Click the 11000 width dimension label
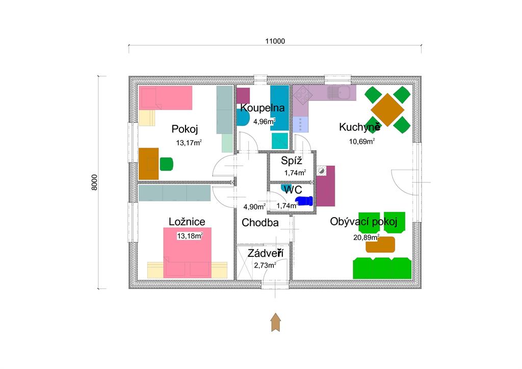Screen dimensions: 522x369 click(275, 41)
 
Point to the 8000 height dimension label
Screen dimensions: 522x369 click(94, 182)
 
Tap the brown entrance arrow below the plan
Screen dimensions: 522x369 click(276, 322)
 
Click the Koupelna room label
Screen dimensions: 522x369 click(263, 108)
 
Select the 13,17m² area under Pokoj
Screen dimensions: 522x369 click(189, 143)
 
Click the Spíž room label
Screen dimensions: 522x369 click(291, 161)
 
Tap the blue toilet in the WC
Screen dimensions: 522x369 click(304, 201)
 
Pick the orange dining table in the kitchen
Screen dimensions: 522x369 click(387, 110)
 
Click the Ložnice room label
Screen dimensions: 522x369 click(187, 222)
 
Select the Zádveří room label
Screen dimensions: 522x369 click(265, 253)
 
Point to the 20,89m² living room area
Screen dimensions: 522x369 click(366, 237)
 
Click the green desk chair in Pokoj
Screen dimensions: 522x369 click(167, 164)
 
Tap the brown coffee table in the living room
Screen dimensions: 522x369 click(380, 245)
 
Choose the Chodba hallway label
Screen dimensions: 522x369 click(260, 223)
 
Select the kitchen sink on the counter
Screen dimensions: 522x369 click(338, 93)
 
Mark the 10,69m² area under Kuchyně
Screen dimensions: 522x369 click(362, 141)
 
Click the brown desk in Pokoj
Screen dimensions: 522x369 click(148, 164)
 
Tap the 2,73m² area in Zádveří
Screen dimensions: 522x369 click(265, 265)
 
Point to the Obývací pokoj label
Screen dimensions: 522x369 click(363, 222)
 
